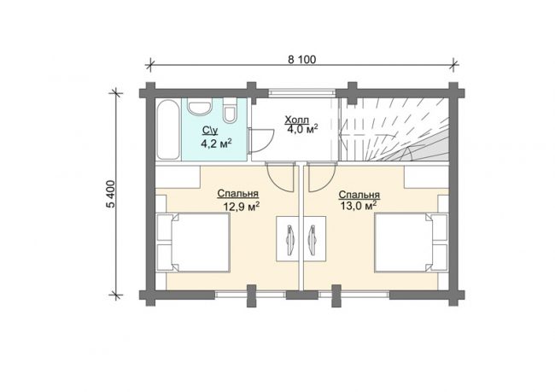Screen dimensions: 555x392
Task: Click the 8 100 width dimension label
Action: point(301,59)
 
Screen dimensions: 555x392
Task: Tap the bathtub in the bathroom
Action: point(168,130)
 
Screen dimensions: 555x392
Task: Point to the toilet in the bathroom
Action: point(230,110)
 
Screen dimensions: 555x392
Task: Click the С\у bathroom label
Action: point(210,131)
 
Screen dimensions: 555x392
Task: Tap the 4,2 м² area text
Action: point(216,143)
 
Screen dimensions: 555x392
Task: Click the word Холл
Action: point(297,120)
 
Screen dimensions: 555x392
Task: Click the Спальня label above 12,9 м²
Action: point(238,194)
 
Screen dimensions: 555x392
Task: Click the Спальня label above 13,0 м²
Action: point(359,195)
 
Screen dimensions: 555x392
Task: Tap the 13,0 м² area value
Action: point(358,206)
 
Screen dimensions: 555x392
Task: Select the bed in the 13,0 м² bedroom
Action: point(411,243)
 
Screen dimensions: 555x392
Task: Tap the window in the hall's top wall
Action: point(301,93)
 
